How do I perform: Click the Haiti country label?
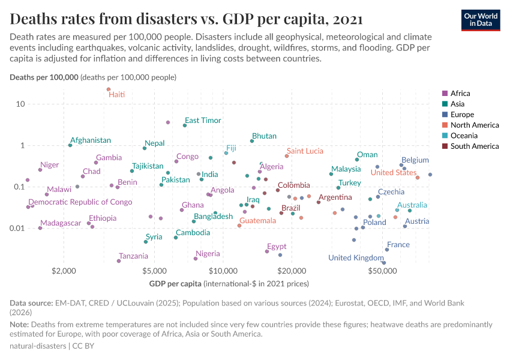point(116,95)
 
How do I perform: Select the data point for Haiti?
point(109,89)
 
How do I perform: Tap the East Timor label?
point(203,121)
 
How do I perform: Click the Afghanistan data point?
point(70,145)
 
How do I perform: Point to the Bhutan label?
point(264,136)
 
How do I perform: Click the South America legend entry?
point(474,146)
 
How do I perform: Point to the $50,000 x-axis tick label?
point(384,271)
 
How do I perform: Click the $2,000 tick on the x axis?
point(63,271)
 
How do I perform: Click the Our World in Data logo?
point(481,19)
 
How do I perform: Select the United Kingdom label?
point(356,258)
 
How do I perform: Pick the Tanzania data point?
point(119,261)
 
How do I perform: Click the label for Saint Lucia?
point(305,151)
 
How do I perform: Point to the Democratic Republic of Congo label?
point(80,202)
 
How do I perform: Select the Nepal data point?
point(145,148)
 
